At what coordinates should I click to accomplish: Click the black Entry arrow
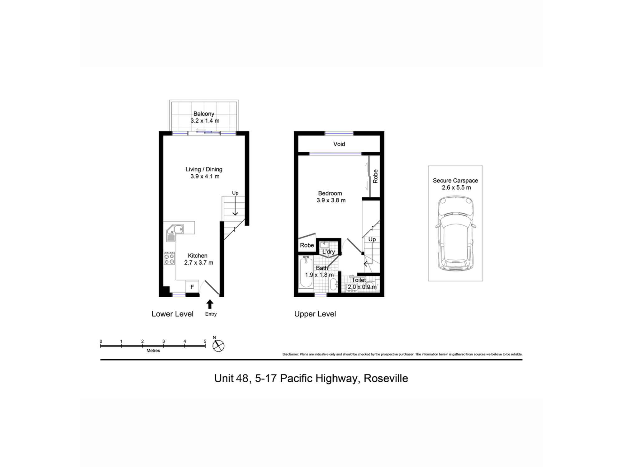coord(210,304)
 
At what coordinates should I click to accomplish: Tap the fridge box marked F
coord(192,287)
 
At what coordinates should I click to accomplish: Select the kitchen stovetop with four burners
coord(169,258)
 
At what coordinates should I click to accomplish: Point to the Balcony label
coord(204,114)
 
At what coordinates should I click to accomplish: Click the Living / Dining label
coord(204,169)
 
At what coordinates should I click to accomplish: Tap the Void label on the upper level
coord(339,144)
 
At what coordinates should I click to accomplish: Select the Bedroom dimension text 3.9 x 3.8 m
coord(331,200)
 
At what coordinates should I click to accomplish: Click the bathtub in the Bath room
coord(306,272)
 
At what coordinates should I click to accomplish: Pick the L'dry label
coord(328,252)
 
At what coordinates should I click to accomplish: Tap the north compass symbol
coord(218,346)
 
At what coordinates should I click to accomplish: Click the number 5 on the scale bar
coord(205,341)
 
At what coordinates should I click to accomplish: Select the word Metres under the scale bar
coord(153,351)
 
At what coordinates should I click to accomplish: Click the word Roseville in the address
coord(386,378)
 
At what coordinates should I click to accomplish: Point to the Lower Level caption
coord(173,314)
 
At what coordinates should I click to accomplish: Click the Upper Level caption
coord(315,314)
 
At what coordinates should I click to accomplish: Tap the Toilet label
coord(359,280)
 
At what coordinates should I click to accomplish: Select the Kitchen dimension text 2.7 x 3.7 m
coord(199,263)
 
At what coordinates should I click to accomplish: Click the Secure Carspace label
coord(455,181)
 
